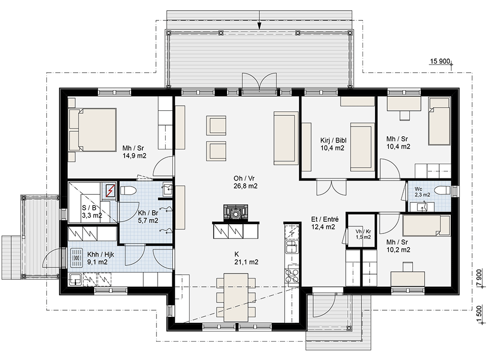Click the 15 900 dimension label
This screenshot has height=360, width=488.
coord(440,61)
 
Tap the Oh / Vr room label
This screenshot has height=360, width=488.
coord(244,178)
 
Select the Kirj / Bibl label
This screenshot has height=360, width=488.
coord(333,140)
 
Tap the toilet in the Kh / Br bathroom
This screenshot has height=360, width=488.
coord(128,190)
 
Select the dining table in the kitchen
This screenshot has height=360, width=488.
coord(236,297)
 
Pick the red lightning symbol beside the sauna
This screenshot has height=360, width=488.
coord(110,191)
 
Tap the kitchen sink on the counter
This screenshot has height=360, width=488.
coord(291,247)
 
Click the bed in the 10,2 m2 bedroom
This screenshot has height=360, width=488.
coord(426,225)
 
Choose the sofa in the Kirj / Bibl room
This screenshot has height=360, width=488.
coord(362,146)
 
